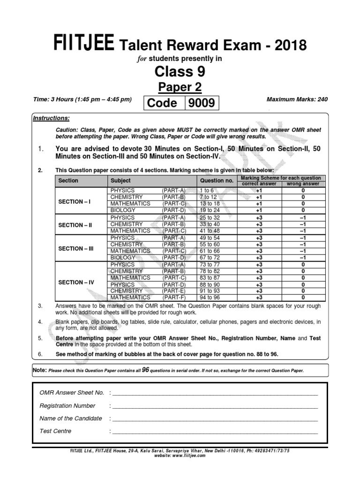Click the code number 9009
[202, 103]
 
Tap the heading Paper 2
[180, 87]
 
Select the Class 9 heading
[180, 71]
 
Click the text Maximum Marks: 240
[297, 99]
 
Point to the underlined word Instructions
[51, 118]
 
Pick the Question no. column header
[217, 180]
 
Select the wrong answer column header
[303, 184]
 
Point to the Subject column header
[120, 180]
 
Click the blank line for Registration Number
[215, 406]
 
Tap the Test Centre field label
[56, 431]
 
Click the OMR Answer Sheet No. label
[72, 393]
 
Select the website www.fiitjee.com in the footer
[180, 455]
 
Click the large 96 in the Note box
[145, 370]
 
